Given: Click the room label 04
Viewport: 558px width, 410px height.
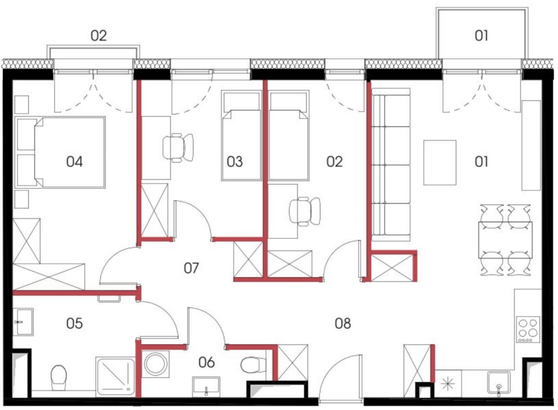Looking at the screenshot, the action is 74,162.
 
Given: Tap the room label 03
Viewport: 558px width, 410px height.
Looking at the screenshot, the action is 235,162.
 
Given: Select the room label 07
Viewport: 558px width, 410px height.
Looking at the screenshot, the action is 191,268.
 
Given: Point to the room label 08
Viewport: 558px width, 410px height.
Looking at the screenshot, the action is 343,324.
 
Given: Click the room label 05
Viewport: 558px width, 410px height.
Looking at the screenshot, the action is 74,324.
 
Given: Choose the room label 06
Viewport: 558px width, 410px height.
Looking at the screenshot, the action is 206,363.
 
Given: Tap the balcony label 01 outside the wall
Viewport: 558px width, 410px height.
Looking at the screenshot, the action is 481,36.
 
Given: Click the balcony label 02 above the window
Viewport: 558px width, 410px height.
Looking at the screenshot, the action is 99,36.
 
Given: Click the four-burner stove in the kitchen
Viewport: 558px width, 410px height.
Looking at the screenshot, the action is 528,330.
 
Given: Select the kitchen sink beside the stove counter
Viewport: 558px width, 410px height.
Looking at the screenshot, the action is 498,384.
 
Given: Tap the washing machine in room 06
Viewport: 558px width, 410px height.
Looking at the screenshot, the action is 155,364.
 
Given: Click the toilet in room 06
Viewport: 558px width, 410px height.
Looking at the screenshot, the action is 253,364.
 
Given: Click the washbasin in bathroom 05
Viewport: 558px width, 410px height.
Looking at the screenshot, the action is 23,322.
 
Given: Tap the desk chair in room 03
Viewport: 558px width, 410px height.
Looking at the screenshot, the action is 178,148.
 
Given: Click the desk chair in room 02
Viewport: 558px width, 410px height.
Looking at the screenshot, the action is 305,212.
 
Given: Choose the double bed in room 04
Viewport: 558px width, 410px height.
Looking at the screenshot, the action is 60,152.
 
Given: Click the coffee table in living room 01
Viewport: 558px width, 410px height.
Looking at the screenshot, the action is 440,163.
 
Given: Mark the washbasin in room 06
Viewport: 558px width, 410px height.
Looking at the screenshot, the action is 206,386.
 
